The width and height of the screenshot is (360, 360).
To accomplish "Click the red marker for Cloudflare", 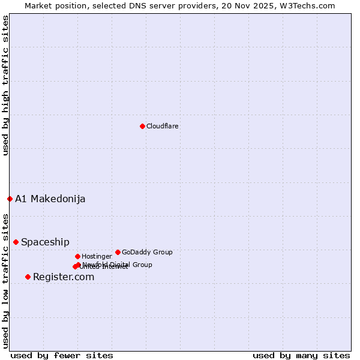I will click(x=142, y=126).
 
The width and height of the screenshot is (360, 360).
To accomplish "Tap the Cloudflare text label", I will click(x=162, y=127).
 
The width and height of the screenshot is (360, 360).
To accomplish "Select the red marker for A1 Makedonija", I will click(x=10, y=199).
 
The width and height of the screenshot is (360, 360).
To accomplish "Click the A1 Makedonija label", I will click(x=50, y=199).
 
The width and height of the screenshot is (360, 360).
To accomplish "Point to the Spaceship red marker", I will click(x=16, y=242).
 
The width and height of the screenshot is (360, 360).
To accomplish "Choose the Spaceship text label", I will click(x=45, y=242).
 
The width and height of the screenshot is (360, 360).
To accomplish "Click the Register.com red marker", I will click(x=28, y=277).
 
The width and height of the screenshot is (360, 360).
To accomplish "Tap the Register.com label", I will click(x=64, y=277).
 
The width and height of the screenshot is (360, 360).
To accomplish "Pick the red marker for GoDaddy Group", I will click(x=118, y=252).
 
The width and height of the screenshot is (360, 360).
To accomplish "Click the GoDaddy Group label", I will click(x=147, y=253).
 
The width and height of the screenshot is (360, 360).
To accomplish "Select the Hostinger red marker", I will click(x=77, y=256).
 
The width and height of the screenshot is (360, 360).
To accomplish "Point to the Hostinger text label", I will click(x=97, y=257).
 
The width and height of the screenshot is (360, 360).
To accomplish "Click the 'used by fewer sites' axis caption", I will click(x=62, y=355).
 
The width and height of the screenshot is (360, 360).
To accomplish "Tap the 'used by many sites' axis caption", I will click(x=301, y=355).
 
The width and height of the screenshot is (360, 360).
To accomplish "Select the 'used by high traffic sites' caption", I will click(x=5, y=85).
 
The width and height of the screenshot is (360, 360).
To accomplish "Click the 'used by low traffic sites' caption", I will click(x=5, y=281).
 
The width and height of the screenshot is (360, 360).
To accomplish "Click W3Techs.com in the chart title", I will click(x=307, y=5).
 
